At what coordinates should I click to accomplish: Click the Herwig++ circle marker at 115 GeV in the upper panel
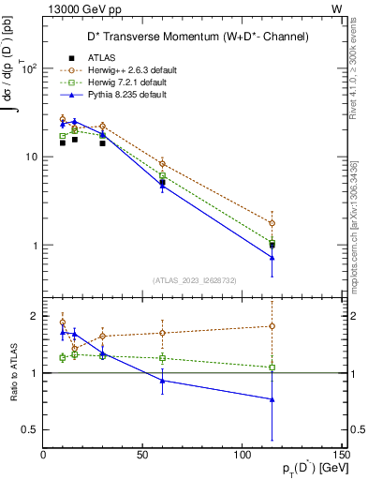tap(272, 223)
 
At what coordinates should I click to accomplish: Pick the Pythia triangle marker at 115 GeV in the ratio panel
tap(272, 399)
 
